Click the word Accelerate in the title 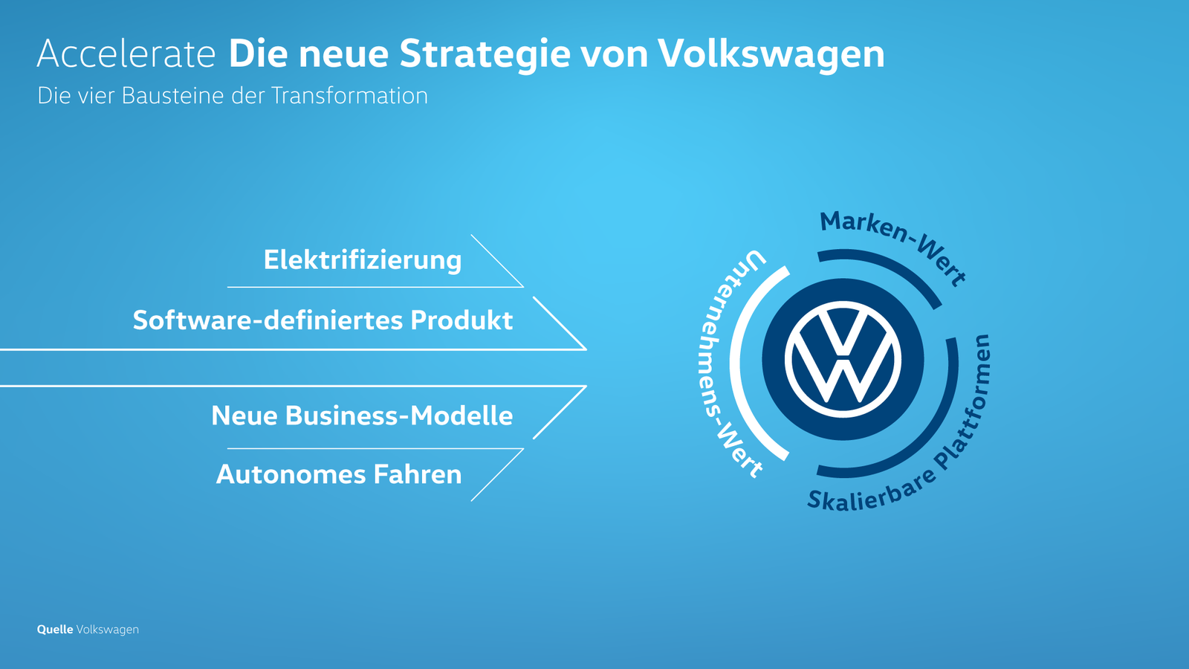tap(126, 54)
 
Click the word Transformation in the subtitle tap(349, 96)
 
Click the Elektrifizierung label tap(363, 260)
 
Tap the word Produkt tap(461, 320)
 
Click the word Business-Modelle tap(399, 416)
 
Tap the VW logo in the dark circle tap(843, 360)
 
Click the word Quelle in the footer tap(55, 630)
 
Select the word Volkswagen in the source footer tap(108, 630)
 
